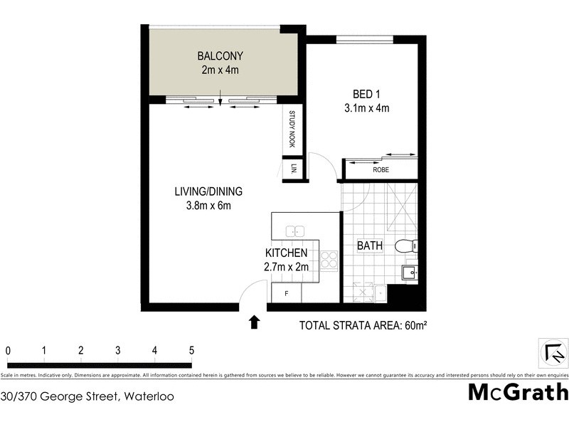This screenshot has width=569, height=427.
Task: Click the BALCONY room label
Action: click(220, 56)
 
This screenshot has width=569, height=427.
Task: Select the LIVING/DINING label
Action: click(209, 191)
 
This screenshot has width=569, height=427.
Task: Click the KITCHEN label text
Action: click(286, 253)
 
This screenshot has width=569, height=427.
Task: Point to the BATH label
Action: click(370, 246)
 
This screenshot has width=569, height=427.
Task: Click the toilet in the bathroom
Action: click(405, 246)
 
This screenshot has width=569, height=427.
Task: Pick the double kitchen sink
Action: click(295, 231)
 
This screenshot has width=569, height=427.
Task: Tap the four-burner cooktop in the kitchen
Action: click(329, 260)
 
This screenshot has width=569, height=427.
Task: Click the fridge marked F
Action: click(287, 292)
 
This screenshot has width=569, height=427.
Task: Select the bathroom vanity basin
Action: click(410, 273)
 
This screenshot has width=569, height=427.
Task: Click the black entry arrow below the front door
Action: click(254, 323)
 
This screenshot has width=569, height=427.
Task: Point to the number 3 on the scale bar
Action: click(118, 350)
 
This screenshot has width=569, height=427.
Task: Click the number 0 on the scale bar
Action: click(8, 350)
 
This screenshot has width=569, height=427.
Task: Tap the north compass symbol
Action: click(553, 352)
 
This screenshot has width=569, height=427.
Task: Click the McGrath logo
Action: click(518, 392)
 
